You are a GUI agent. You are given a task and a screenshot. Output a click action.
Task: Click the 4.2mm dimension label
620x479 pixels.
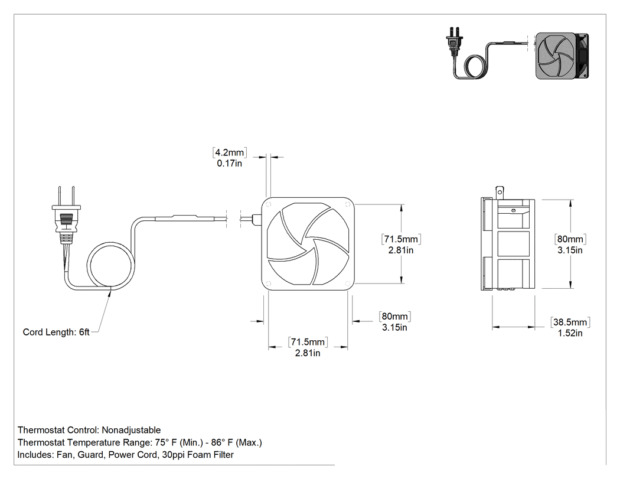point(229,152)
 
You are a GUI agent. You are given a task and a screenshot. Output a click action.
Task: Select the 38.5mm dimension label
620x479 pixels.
point(570,322)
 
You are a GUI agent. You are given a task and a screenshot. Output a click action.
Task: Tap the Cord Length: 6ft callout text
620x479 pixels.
point(56,332)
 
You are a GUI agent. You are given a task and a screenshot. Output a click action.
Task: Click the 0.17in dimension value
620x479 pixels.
point(229,164)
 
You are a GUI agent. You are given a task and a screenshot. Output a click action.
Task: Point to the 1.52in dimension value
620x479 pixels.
point(570,333)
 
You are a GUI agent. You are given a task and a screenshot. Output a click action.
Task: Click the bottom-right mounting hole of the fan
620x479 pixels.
point(348,284)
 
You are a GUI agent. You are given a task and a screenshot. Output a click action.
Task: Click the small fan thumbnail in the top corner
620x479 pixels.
point(562,56)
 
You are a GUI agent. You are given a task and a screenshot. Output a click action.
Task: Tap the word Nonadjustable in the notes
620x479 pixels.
point(131,430)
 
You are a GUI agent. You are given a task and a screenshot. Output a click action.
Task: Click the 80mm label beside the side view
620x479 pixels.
point(570,239)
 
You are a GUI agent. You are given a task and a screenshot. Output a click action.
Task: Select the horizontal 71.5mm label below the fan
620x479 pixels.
point(308,342)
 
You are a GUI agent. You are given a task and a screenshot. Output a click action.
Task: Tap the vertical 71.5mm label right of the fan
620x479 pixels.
point(401,239)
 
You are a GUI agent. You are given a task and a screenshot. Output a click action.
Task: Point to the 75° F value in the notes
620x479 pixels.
point(166,442)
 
